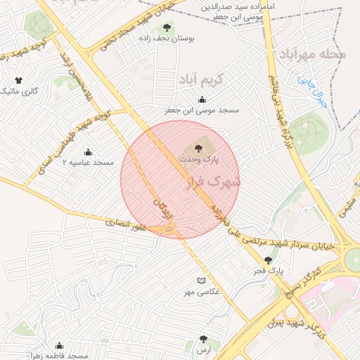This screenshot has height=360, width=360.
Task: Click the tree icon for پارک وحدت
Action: tap(198, 149)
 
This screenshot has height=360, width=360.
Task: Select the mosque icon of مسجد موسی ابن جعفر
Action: tap(202, 100)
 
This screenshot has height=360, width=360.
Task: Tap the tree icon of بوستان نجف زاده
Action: tap(167, 28)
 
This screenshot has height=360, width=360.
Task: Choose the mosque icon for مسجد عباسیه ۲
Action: tap(88, 152)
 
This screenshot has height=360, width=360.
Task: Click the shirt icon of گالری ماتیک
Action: tap(18, 80)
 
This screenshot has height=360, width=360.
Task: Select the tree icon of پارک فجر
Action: tap(268, 260)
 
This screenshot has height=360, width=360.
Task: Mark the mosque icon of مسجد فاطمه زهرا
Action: tap(59, 345)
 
